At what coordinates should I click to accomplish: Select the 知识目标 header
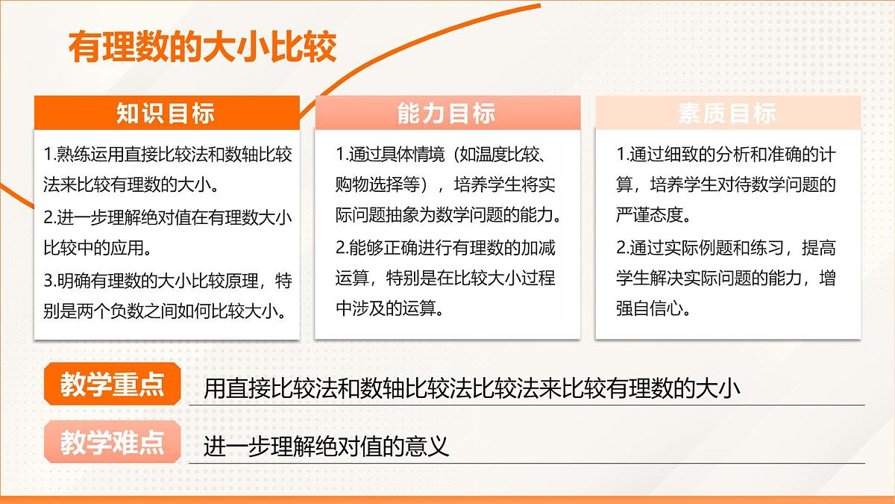166,113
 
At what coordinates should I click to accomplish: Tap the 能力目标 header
447,113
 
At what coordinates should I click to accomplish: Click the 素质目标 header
727,113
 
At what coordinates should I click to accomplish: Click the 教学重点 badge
113,385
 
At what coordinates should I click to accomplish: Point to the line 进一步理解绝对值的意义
327,447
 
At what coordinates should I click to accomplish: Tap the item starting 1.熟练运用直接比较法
168,168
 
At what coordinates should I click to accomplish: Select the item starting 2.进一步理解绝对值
168,231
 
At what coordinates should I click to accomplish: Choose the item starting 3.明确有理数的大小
168,294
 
